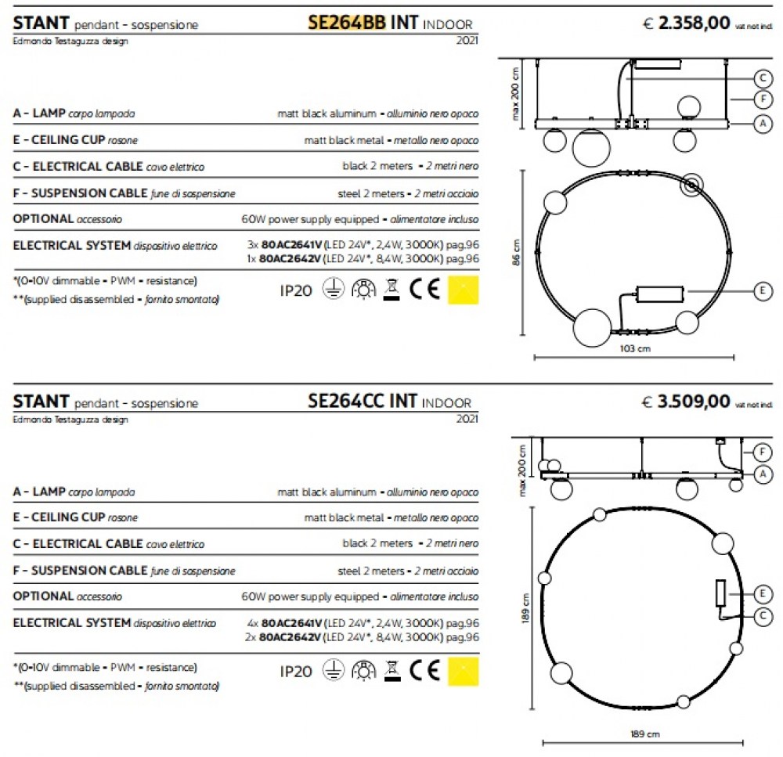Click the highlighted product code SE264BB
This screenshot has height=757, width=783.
click(x=347, y=23)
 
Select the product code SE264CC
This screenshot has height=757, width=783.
click(x=346, y=401)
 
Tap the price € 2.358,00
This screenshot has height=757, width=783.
click(x=686, y=23)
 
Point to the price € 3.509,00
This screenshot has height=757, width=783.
click(x=686, y=402)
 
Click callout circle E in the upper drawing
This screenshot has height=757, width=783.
click(x=763, y=290)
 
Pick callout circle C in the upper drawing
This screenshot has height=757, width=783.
click(x=763, y=78)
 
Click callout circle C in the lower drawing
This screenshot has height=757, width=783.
click(x=763, y=616)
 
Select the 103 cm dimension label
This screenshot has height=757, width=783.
click(x=635, y=348)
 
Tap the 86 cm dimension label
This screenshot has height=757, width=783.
click(x=516, y=252)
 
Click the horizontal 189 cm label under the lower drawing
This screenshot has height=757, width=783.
click(x=644, y=734)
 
